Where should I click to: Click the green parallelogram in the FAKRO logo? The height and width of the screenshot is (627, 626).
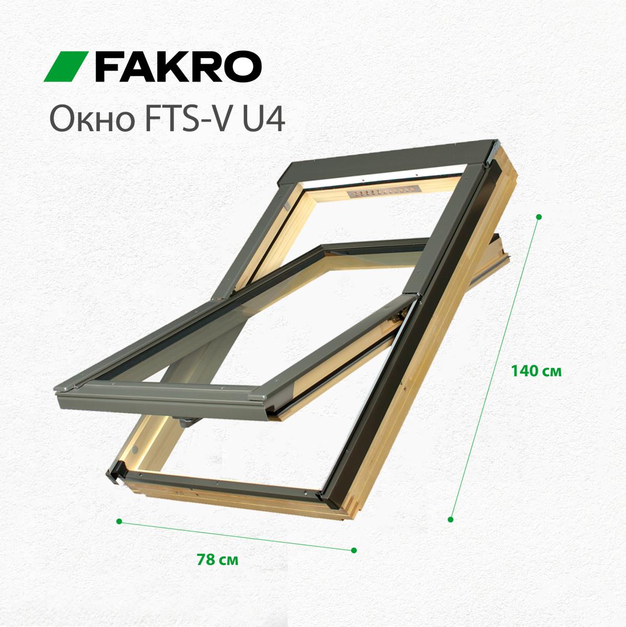click(x=66, y=66)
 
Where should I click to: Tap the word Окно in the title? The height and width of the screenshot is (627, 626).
click(x=92, y=120)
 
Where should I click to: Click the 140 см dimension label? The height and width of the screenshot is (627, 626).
click(x=537, y=371)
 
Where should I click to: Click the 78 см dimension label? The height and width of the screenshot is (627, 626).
click(x=217, y=560)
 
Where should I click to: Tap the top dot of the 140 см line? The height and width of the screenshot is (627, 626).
click(x=539, y=216)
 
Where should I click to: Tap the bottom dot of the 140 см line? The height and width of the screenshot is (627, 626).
click(x=450, y=519)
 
